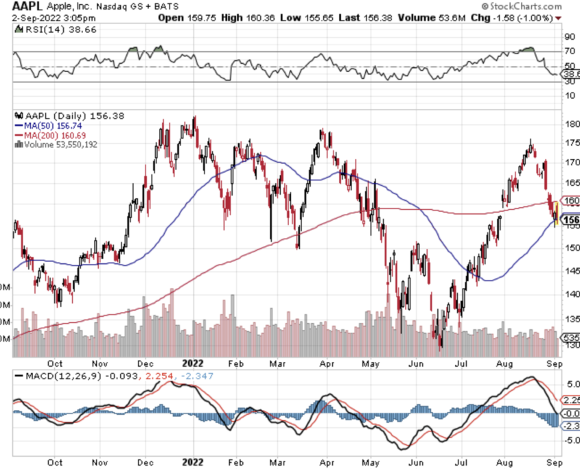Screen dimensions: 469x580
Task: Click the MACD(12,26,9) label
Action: [55, 376]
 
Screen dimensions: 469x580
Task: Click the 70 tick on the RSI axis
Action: [569, 51]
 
